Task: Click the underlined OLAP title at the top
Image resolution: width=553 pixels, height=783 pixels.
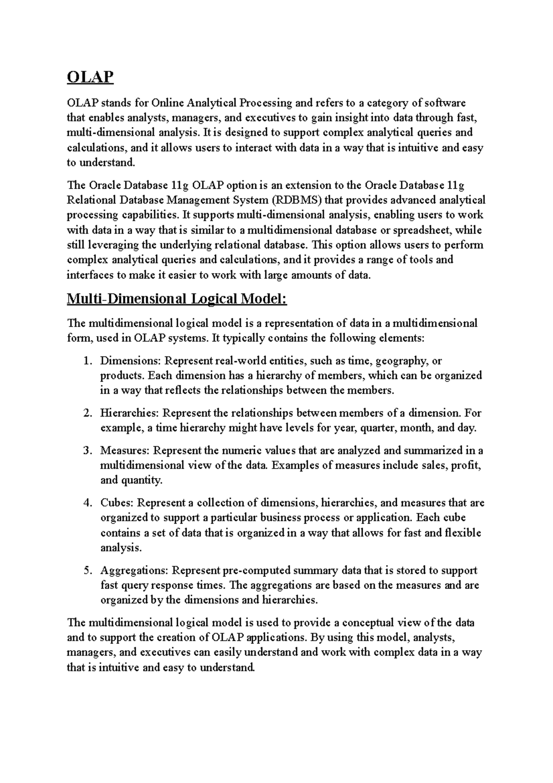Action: click(x=90, y=77)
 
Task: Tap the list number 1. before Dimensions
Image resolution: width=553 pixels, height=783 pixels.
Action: click(x=88, y=361)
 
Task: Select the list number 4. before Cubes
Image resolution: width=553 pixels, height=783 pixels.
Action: click(x=88, y=503)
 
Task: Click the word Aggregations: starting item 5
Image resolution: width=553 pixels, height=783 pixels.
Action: click(x=134, y=570)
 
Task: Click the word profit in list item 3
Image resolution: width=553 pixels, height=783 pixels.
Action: click(x=466, y=465)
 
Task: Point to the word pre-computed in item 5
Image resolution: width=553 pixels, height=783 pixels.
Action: click(x=251, y=570)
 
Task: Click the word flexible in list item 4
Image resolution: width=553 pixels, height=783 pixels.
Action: click(x=463, y=533)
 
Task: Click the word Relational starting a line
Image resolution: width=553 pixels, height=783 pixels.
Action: click(x=90, y=200)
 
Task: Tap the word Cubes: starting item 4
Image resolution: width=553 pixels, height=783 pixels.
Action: click(x=117, y=503)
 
